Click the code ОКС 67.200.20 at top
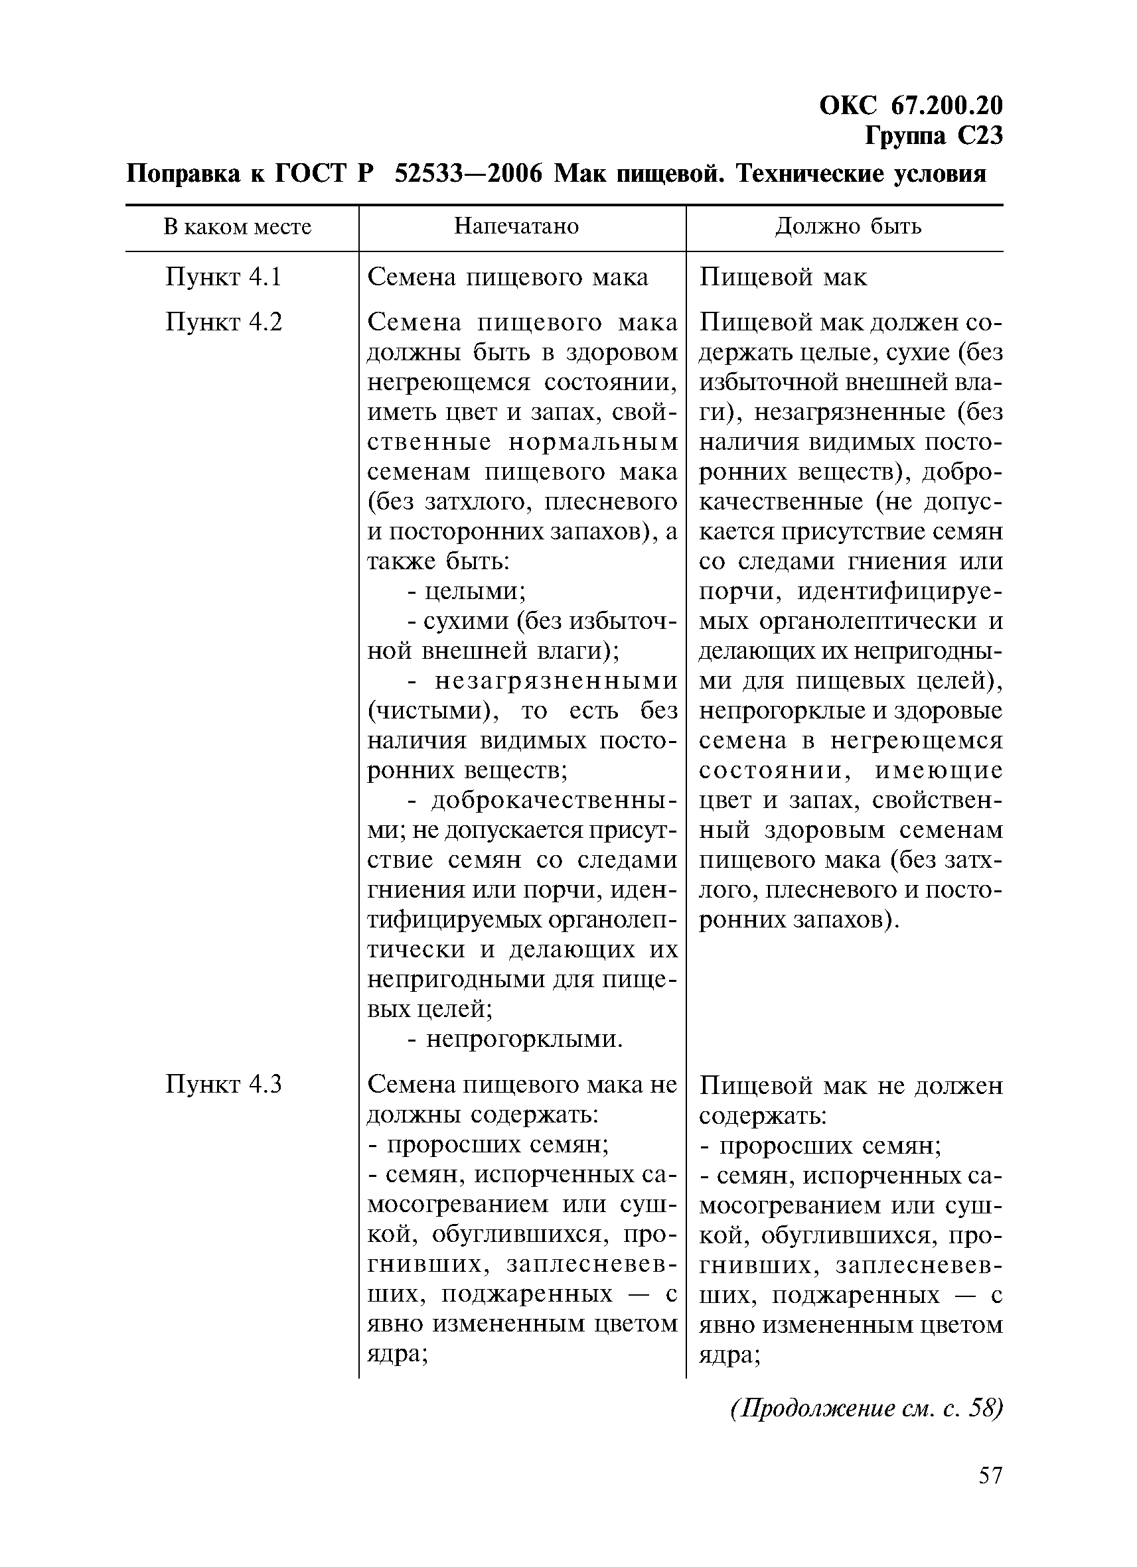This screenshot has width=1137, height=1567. [x=910, y=105]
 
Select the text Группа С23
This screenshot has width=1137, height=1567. [x=933, y=136]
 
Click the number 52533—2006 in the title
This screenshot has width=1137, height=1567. [x=467, y=173]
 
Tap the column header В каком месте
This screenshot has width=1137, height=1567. [x=237, y=227]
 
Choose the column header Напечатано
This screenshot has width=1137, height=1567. [x=516, y=227]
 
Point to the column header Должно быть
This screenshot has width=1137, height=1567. [x=848, y=227]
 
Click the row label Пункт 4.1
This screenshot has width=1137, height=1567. [x=223, y=277]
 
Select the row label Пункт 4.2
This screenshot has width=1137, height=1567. [x=223, y=322]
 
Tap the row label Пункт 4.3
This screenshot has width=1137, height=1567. [x=223, y=1084]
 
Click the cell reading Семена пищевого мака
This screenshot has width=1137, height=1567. [x=507, y=277]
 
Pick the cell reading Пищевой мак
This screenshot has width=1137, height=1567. [x=783, y=277]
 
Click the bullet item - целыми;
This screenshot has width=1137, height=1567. [x=467, y=591]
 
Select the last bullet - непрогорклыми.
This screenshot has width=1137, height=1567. [x=515, y=1039]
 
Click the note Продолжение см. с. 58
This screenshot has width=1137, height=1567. [x=866, y=1408]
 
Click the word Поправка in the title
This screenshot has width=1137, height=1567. [x=183, y=173]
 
